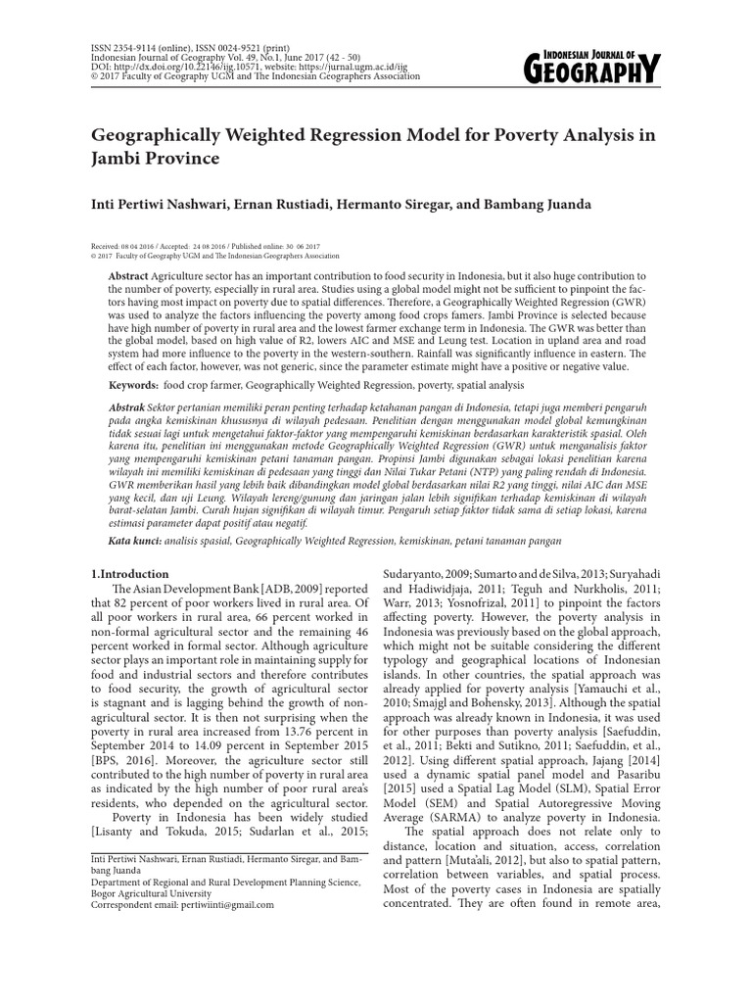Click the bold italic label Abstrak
pyautogui.click(x=130, y=405)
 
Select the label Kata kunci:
pyautogui.click(x=136, y=540)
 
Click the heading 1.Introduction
pyautogui.click(x=129, y=574)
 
